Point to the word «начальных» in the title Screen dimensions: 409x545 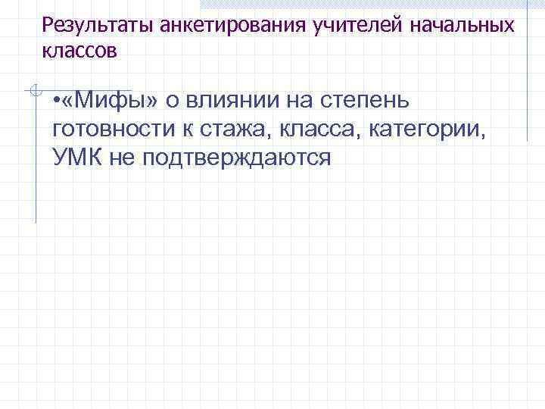pyautogui.click(x=461, y=26)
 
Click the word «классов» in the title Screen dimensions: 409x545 pyautogui.click(x=79, y=52)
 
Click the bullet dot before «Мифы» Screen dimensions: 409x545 pyautogui.click(x=58, y=101)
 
